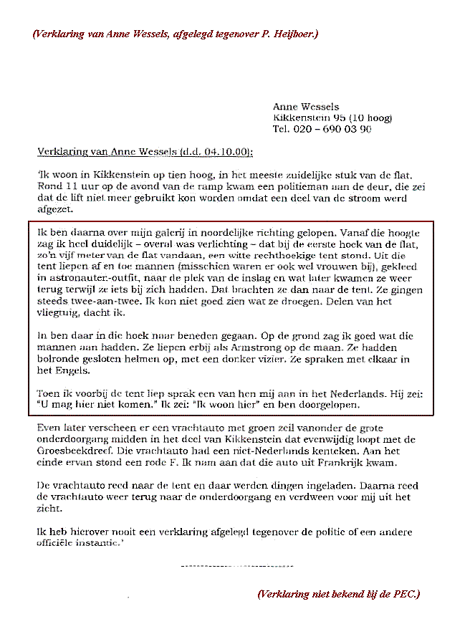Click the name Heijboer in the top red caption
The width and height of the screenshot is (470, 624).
(x=295, y=34)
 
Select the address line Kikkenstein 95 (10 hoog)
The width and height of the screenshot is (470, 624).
(x=332, y=117)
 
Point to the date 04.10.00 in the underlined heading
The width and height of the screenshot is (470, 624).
(x=226, y=152)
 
